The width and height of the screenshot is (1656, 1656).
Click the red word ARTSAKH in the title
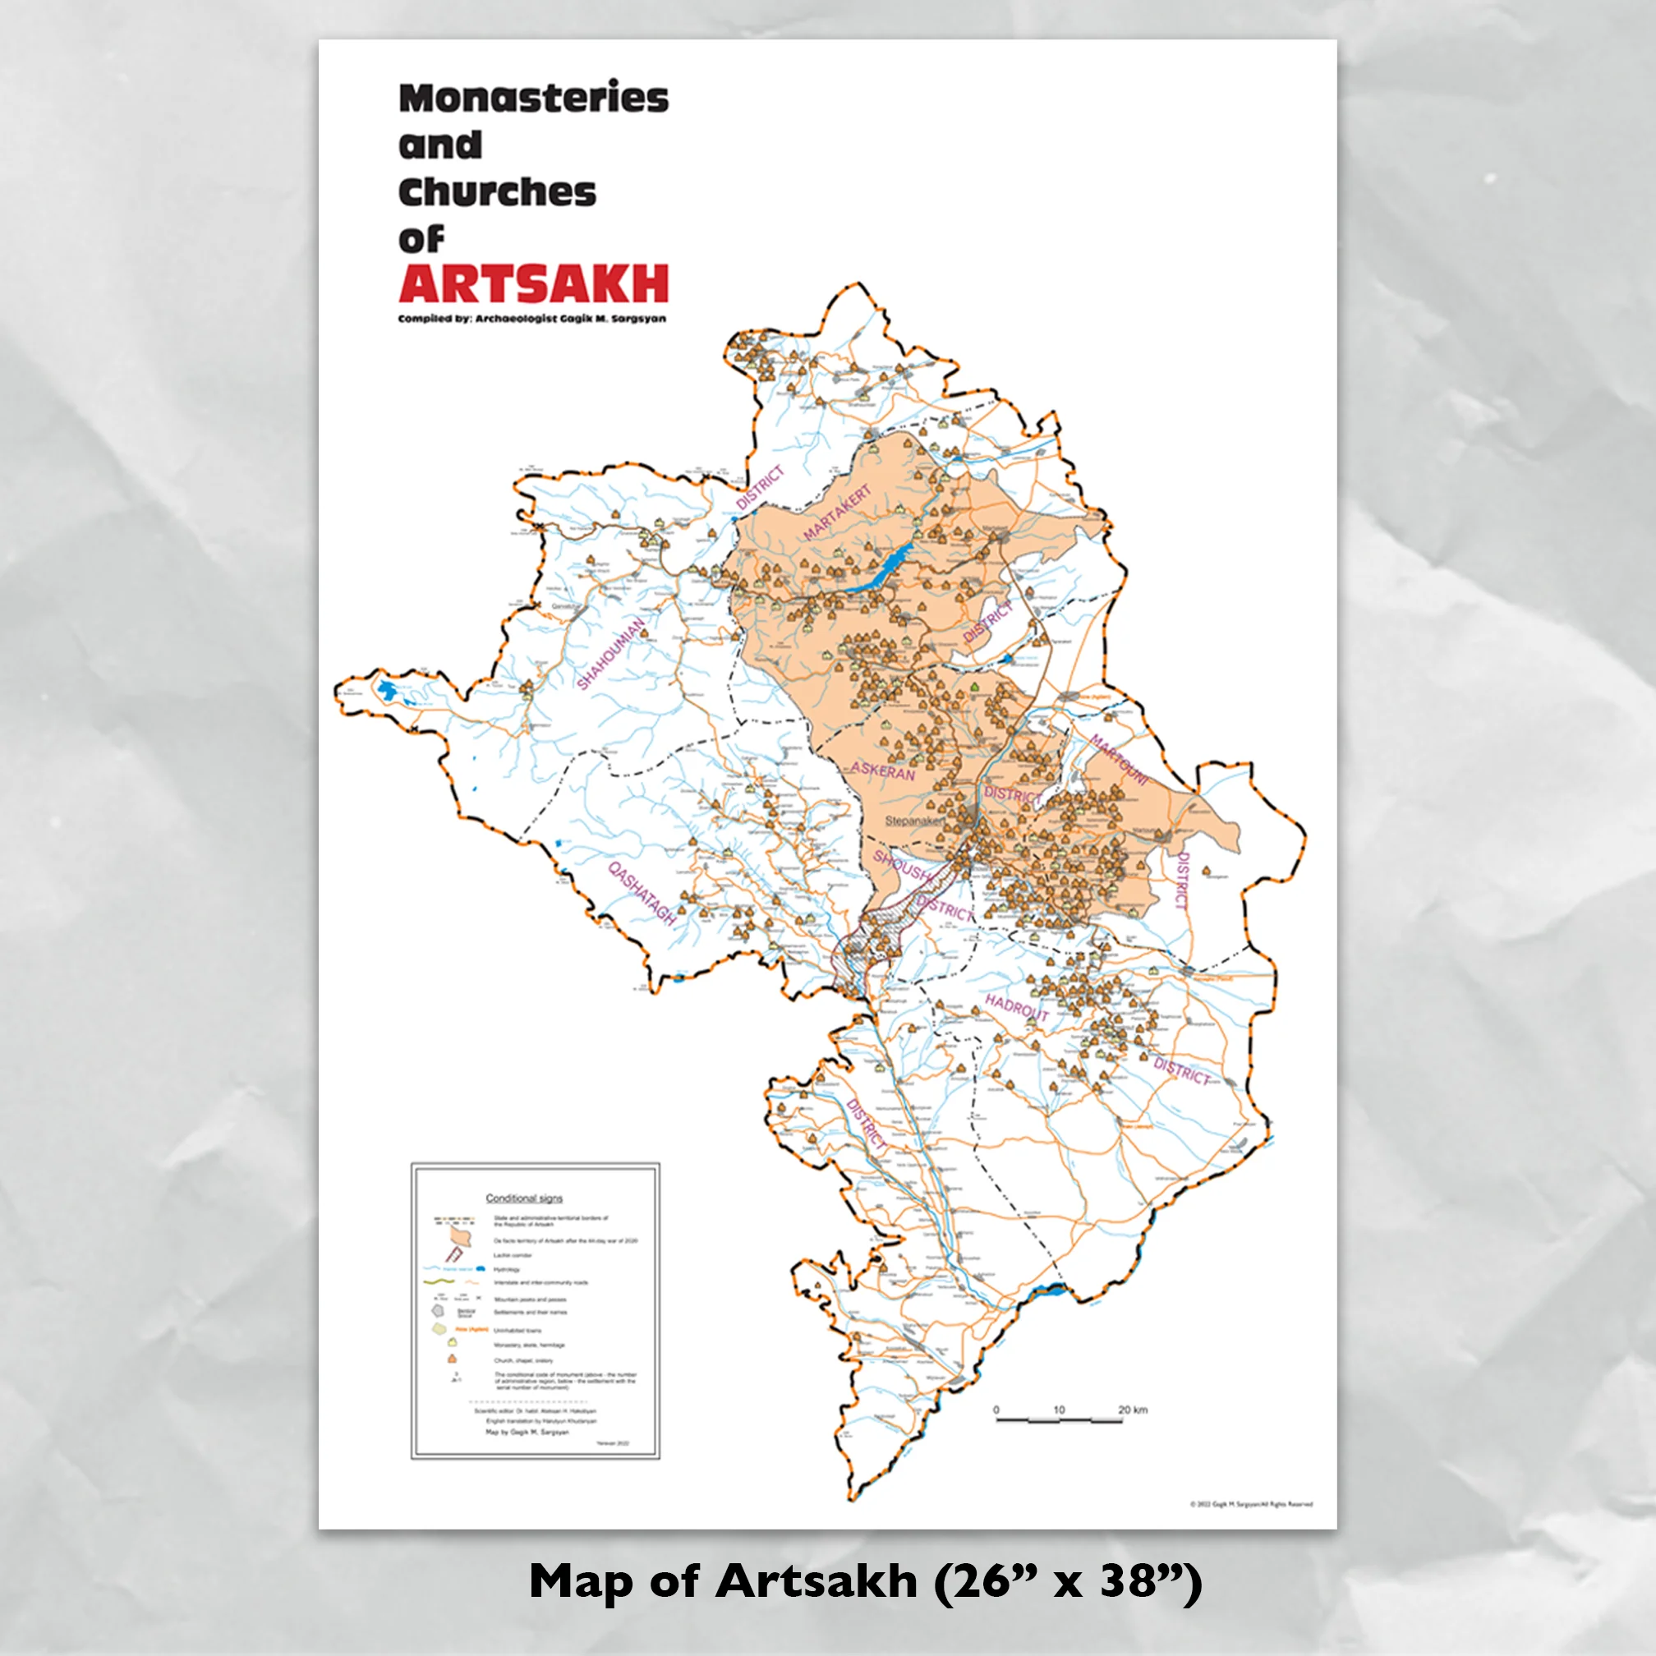click(x=532, y=283)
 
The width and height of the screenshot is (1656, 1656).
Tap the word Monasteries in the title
click(x=533, y=98)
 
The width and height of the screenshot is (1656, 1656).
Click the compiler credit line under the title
click(x=531, y=319)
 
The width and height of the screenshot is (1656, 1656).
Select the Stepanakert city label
click(x=914, y=821)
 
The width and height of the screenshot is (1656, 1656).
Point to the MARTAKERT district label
click(x=836, y=513)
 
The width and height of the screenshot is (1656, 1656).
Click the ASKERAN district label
click(x=883, y=771)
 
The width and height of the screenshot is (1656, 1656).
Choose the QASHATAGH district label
click(x=642, y=893)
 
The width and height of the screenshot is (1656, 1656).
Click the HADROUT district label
click(x=1017, y=1007)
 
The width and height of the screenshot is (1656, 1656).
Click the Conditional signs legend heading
click(x=524, y=1198)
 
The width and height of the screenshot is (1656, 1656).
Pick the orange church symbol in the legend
click(x=452, y=1359)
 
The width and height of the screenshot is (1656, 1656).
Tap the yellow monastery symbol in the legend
click(x=452, y=1343)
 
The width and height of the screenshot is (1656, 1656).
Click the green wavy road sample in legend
click(x=439, y=1282)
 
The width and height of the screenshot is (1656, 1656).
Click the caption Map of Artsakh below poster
click(x=865, y=1581)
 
